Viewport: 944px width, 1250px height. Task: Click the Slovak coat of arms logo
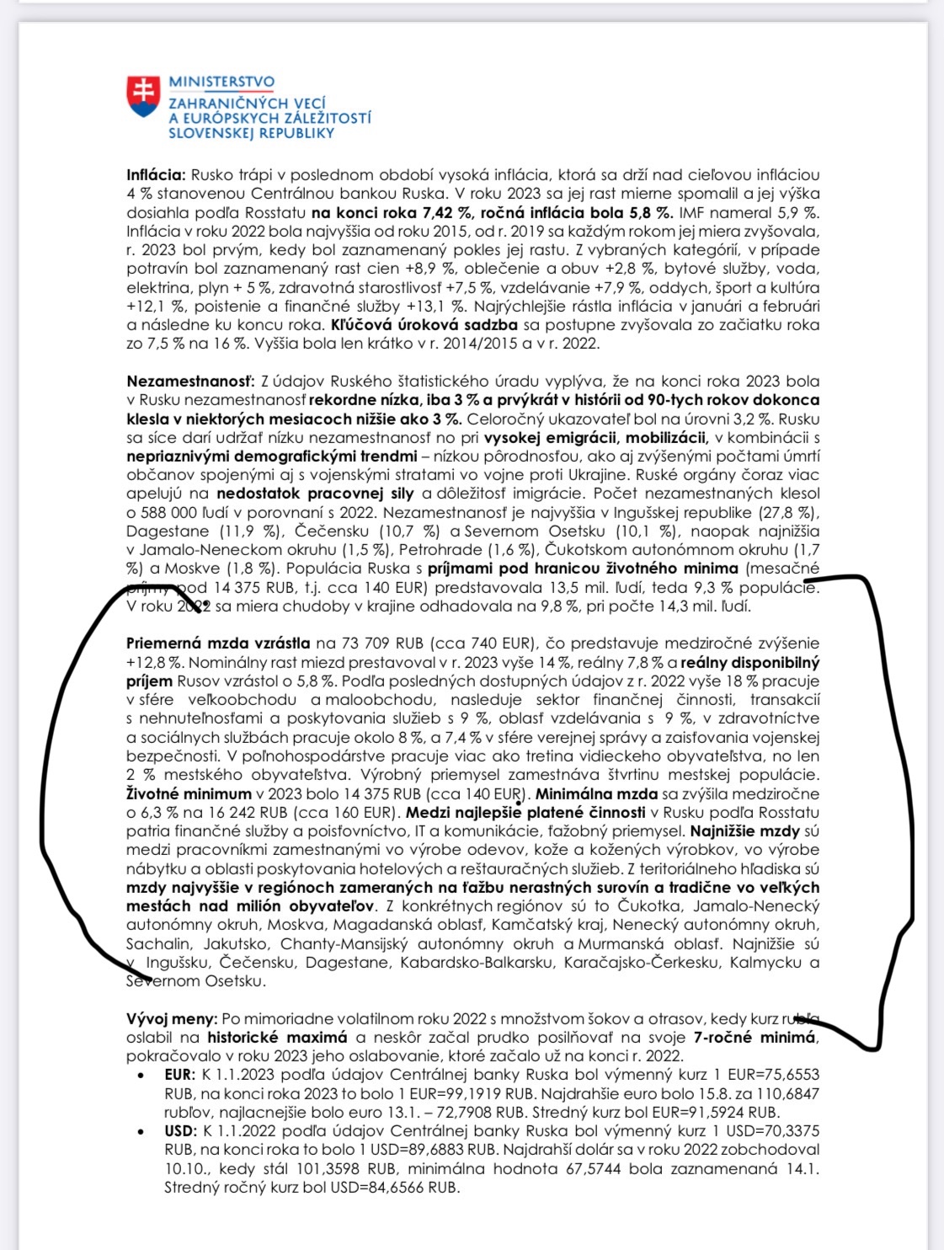tap(143, 96)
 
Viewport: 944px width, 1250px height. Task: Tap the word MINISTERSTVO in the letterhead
tap(221, 82)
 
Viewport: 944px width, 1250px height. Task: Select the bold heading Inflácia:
tap(156, 175)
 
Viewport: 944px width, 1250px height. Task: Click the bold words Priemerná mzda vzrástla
tap(218, 644)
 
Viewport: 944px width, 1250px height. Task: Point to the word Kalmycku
tap(762, 962)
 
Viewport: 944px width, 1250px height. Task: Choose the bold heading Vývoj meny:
tap(172, 1019)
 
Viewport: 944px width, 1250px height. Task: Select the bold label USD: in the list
tap(180, 1131)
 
